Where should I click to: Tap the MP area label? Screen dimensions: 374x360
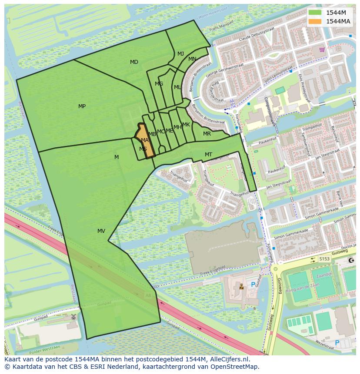[82, 106]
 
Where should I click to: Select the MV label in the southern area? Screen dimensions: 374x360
[101, 231]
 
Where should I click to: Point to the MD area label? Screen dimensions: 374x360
[134, 62]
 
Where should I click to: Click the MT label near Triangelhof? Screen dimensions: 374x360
[208, 155]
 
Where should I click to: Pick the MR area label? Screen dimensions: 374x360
[207, 134]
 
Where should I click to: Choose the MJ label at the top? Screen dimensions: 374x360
[180, 54]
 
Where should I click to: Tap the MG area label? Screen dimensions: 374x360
[159, 84]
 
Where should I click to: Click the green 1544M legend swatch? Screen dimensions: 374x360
[315, 13]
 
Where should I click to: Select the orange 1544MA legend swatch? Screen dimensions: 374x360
[315, 21]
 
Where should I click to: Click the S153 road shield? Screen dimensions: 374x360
[324, 259]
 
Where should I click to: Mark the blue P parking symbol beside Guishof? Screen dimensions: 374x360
[253, 285]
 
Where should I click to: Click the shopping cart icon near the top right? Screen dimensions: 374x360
[322, 50]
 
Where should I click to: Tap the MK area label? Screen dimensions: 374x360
[186, 125]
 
